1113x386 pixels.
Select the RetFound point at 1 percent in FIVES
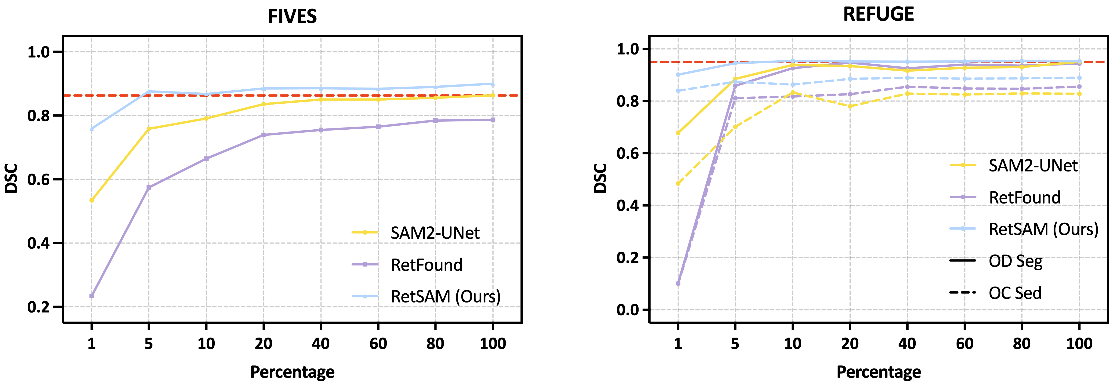(92, 296)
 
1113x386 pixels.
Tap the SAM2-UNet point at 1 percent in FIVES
(92, 200)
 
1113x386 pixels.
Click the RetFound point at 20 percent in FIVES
(264, 135)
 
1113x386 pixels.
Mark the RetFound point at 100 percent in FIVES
(493, 120)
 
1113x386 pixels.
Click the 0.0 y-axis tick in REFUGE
(627, 310)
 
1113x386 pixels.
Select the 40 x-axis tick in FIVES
(321, 344)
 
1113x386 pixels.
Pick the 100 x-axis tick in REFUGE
(1079, 344)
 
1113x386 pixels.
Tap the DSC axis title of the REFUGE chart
(600, 178)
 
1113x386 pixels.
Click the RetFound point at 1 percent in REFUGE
(678, 284)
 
